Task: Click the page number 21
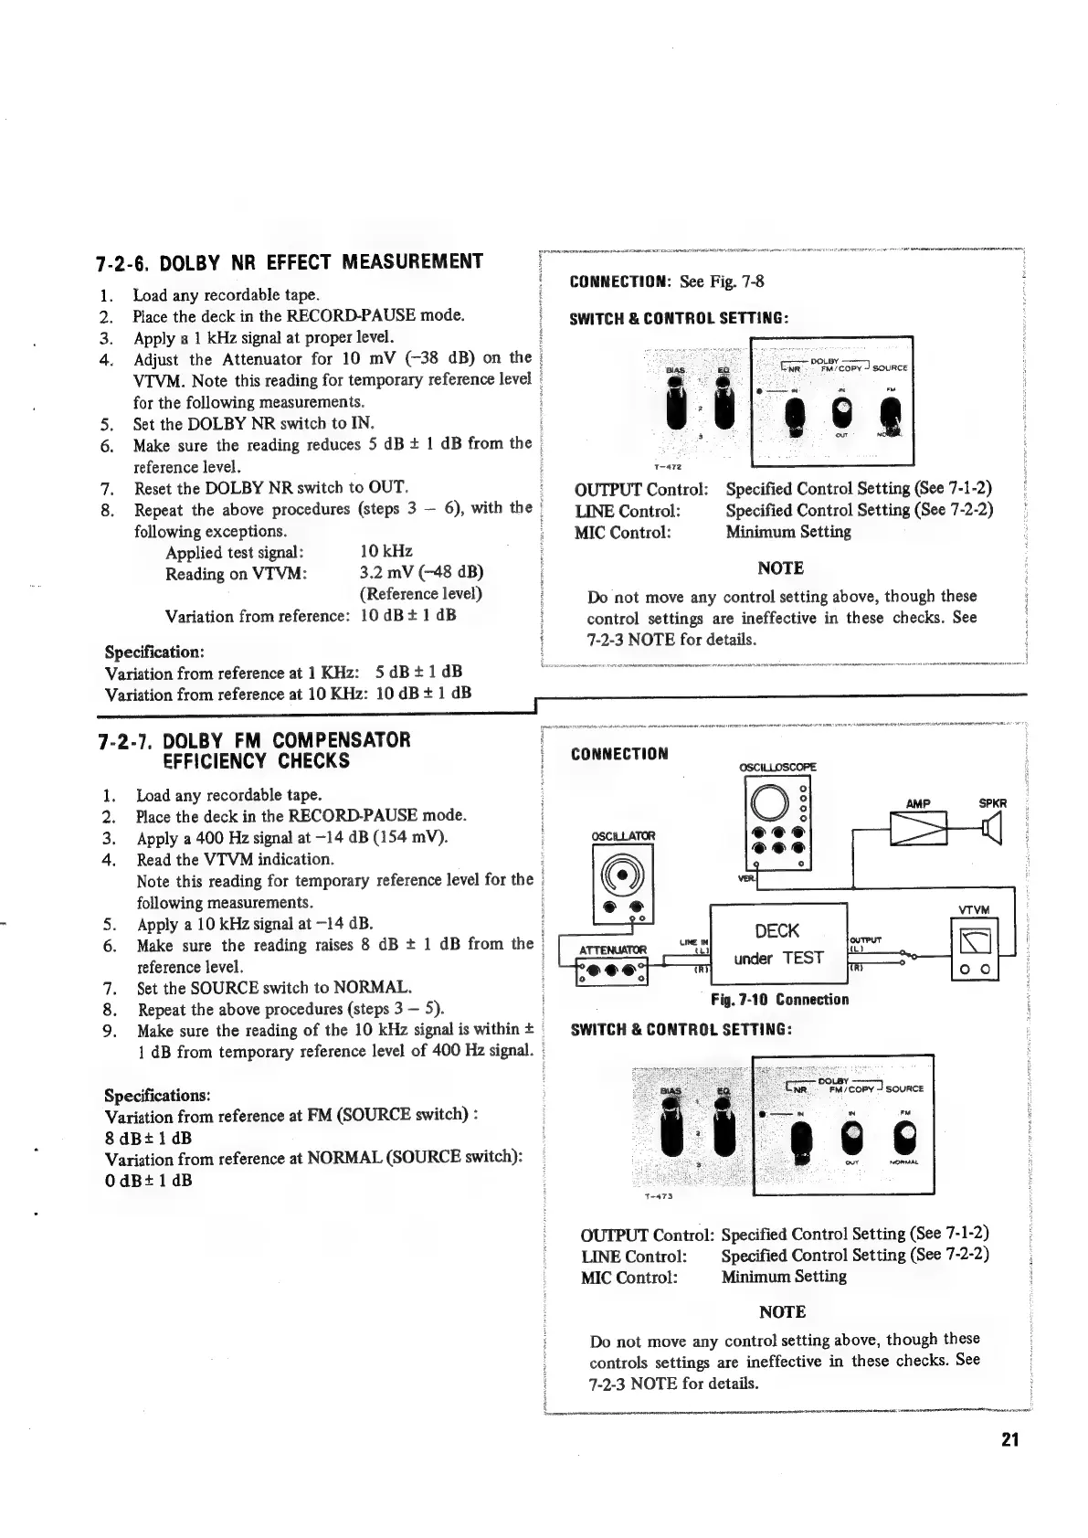coord(1009,1439)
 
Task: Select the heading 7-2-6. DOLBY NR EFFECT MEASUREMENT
coord(289,263)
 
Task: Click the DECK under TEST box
coord(777,944)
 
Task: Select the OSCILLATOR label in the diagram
coord(623,835)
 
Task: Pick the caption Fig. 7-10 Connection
coord(779,999)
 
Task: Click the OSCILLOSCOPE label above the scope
coord(778,767)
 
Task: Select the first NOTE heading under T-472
coord(780,568)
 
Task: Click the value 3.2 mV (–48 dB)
coord(421,573)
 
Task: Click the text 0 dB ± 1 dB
coord(148,1180)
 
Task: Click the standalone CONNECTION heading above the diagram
coord(618,754)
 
